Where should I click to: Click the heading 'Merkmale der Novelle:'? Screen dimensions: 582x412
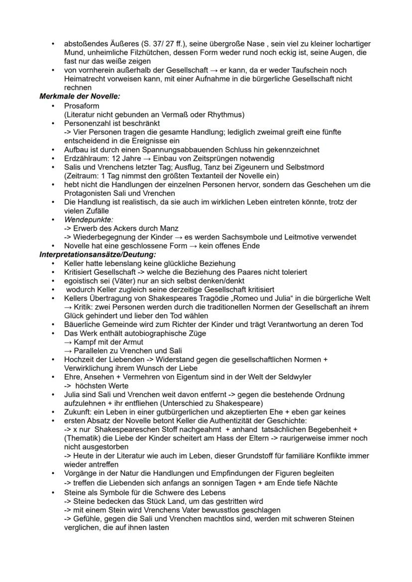coord(80,96)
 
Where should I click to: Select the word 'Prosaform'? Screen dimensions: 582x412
coord(82,106)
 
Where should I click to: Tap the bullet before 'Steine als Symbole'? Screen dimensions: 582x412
coord(53,492)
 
